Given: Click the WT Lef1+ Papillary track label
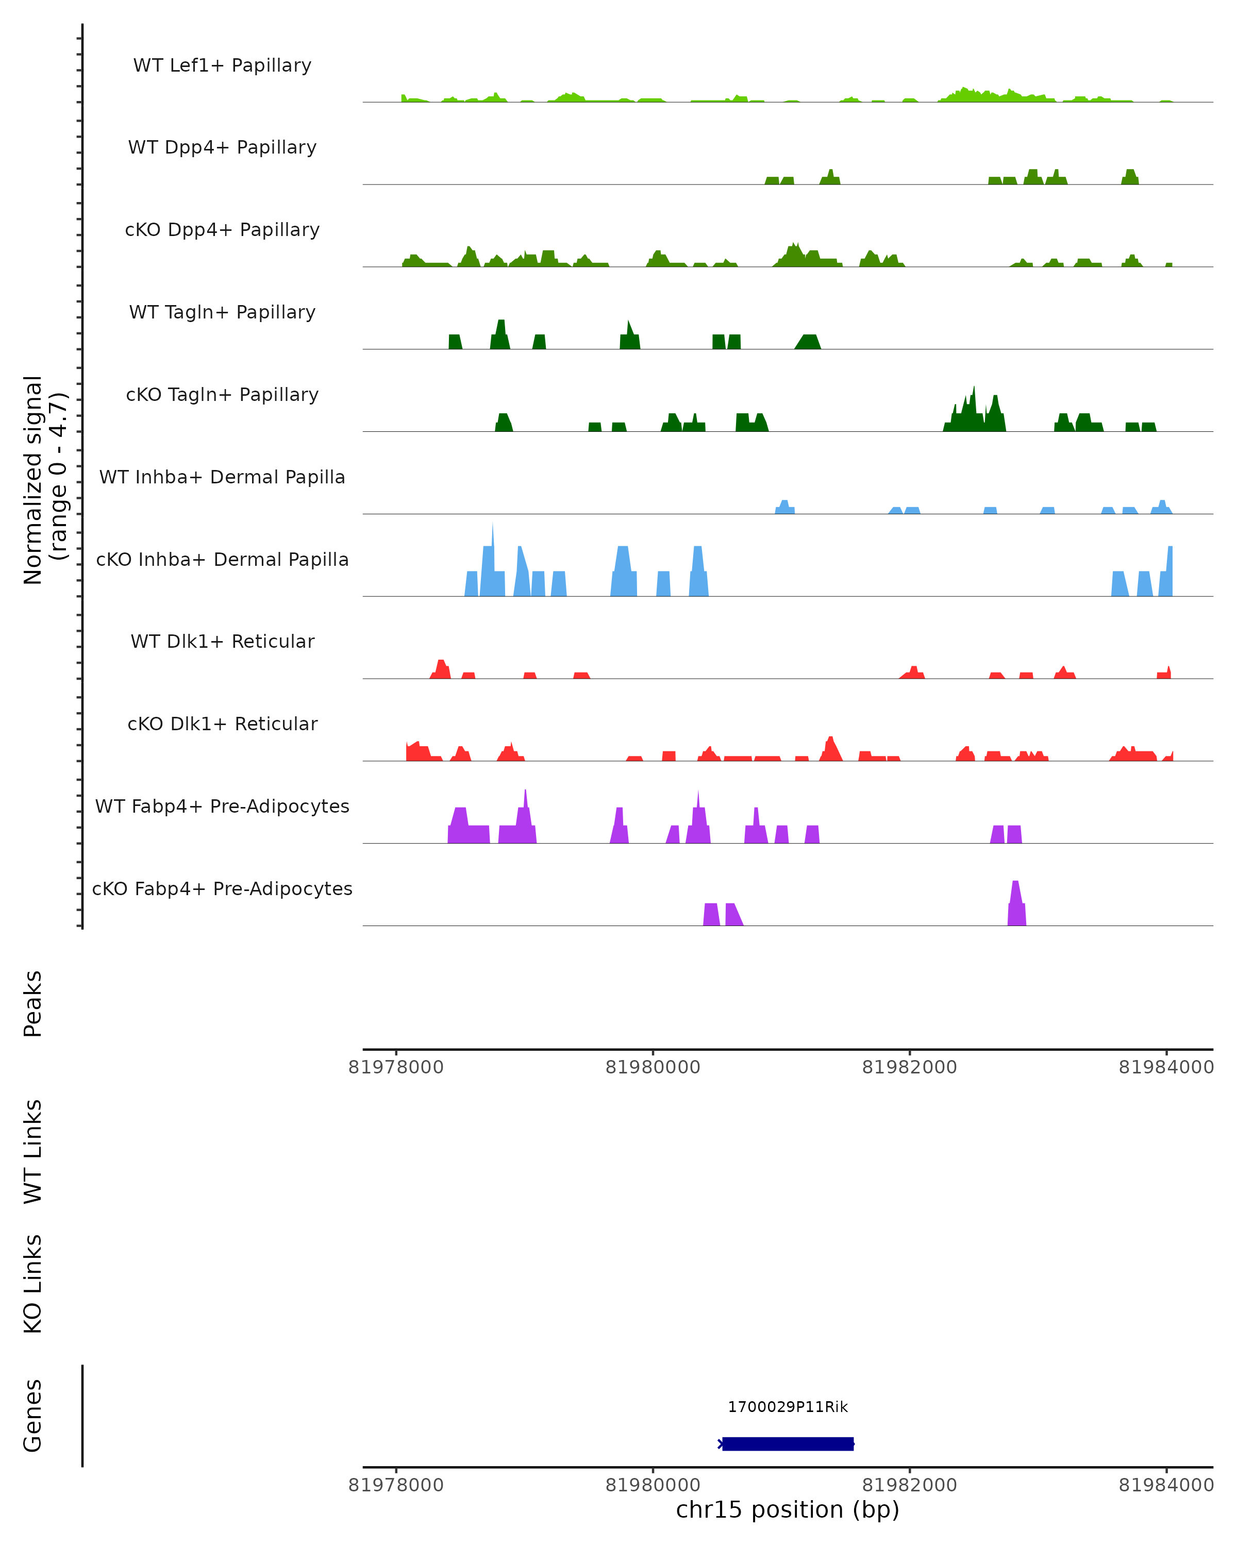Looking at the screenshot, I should pos(222,65).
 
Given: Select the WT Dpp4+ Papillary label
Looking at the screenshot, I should pos(222,148).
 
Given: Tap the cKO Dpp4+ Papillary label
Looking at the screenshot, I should pos(222,230).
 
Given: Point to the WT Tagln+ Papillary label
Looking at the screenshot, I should pos(222,313).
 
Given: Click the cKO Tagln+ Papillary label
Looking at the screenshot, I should pos(222,395).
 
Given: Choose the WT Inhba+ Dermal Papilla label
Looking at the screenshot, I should pos(222,478).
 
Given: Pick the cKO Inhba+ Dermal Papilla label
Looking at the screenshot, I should pos(222,560).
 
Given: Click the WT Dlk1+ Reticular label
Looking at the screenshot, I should pos(222,642).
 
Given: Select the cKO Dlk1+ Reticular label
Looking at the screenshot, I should pos(222,724).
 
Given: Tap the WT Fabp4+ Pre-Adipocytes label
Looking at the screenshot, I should pos(222,806).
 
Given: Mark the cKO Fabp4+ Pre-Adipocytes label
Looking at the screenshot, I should pos(222,889).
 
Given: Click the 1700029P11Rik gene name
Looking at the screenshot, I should pos(788,1407).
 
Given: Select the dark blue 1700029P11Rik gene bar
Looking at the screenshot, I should pos(788,1443).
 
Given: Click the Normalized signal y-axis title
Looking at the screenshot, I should pos(44,480).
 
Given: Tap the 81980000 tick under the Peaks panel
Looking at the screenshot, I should pos(653,1067).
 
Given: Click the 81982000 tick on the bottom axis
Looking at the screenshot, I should pos(909,1485).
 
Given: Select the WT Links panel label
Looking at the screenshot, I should pos(33,1151).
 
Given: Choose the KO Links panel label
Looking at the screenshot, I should pos(33,1284).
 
